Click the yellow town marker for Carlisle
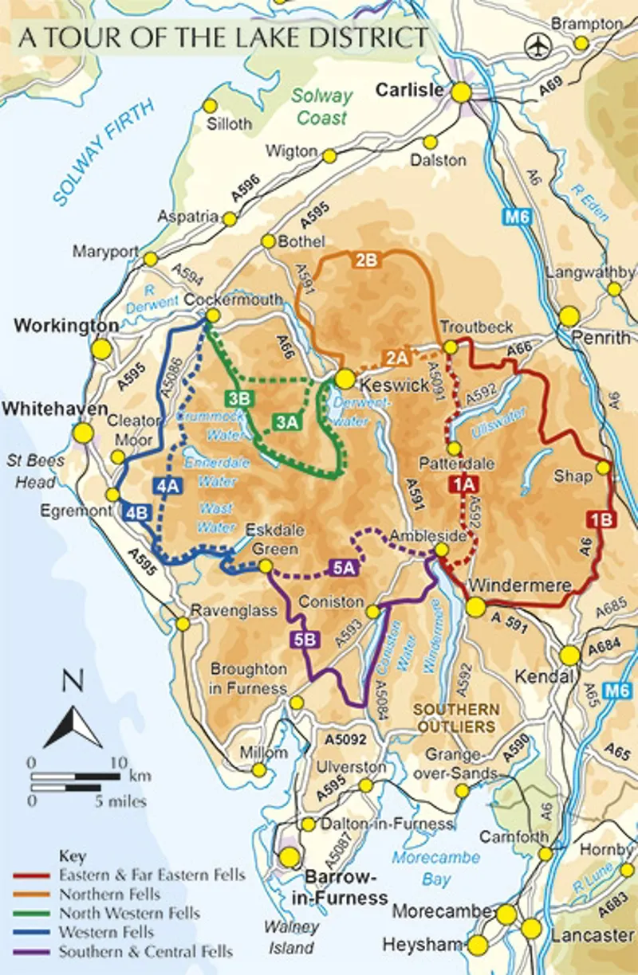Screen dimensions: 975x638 coord(461,92)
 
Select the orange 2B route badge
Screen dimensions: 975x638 coord(366,260)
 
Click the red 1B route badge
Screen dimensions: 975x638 coord(601,519)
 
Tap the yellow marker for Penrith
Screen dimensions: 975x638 coord(569,316)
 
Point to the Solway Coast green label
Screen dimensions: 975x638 coord(321,107)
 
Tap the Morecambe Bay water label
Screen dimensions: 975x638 coord(435,867)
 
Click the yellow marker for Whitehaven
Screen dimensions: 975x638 coord(83,433)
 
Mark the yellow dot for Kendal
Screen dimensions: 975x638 coord(569,655)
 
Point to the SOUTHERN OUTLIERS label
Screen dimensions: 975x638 coord(455,718)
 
